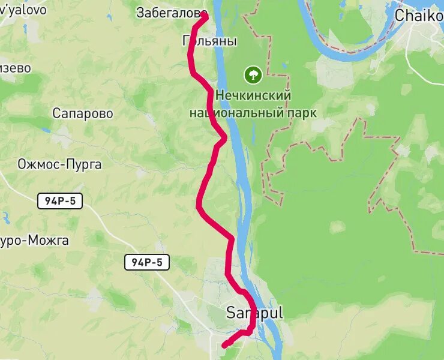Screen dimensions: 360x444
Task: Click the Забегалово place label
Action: coord(172,13)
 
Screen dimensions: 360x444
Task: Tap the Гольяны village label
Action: coord(209,41)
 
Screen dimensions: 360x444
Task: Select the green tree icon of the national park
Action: coord(253,75)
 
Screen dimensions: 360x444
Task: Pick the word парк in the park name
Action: coord(302,112)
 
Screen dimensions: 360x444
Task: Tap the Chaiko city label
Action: coord(418,16)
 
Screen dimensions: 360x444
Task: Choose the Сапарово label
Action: coord(83,113)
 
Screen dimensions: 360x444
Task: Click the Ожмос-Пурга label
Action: coord(59,164)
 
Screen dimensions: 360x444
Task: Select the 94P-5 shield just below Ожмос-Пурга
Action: coord(60,201)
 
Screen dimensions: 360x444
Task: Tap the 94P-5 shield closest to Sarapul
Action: coord(147,262)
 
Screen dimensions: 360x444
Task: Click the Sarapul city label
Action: coord(254,313)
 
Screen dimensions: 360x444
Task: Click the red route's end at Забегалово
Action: coord(204,17)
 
